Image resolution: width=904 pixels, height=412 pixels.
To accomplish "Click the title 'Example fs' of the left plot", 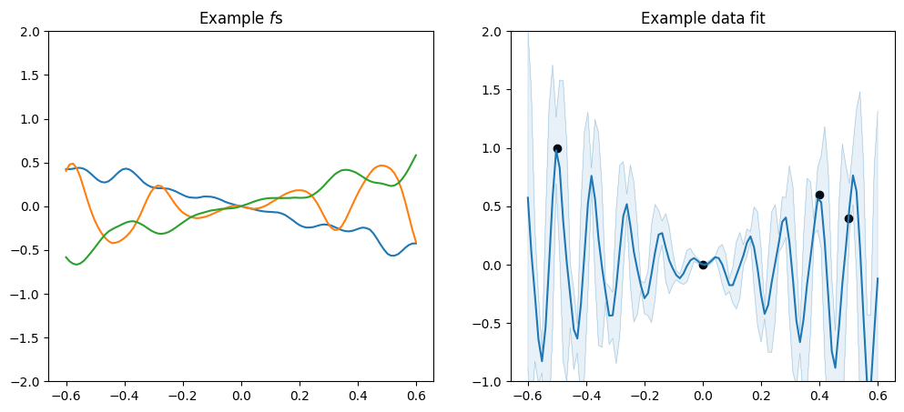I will (240, 18).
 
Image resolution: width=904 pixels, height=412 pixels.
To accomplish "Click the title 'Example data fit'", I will (702, 18).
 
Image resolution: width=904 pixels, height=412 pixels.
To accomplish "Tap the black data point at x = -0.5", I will (557, 148).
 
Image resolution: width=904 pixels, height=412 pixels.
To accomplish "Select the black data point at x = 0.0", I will (703, 265).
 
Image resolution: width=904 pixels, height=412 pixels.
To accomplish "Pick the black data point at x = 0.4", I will (819, 195).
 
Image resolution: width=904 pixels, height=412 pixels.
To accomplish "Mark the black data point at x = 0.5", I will (848, 218).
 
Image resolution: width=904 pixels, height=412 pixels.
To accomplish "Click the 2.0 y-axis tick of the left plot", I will (31, 32).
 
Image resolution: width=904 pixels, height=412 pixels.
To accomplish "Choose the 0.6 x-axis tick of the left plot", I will (416, 397).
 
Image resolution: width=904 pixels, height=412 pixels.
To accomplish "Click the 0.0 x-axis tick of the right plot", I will (703, 397).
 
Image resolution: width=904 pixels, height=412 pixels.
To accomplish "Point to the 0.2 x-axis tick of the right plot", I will (761, 397).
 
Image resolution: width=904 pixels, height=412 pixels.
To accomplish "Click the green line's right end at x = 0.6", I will (416, 155).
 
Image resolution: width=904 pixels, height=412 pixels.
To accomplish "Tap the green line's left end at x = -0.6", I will (66, 257).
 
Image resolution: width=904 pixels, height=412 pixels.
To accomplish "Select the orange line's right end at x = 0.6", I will (416, 244).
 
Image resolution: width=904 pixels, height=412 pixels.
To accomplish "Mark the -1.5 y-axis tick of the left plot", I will (27, 338).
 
